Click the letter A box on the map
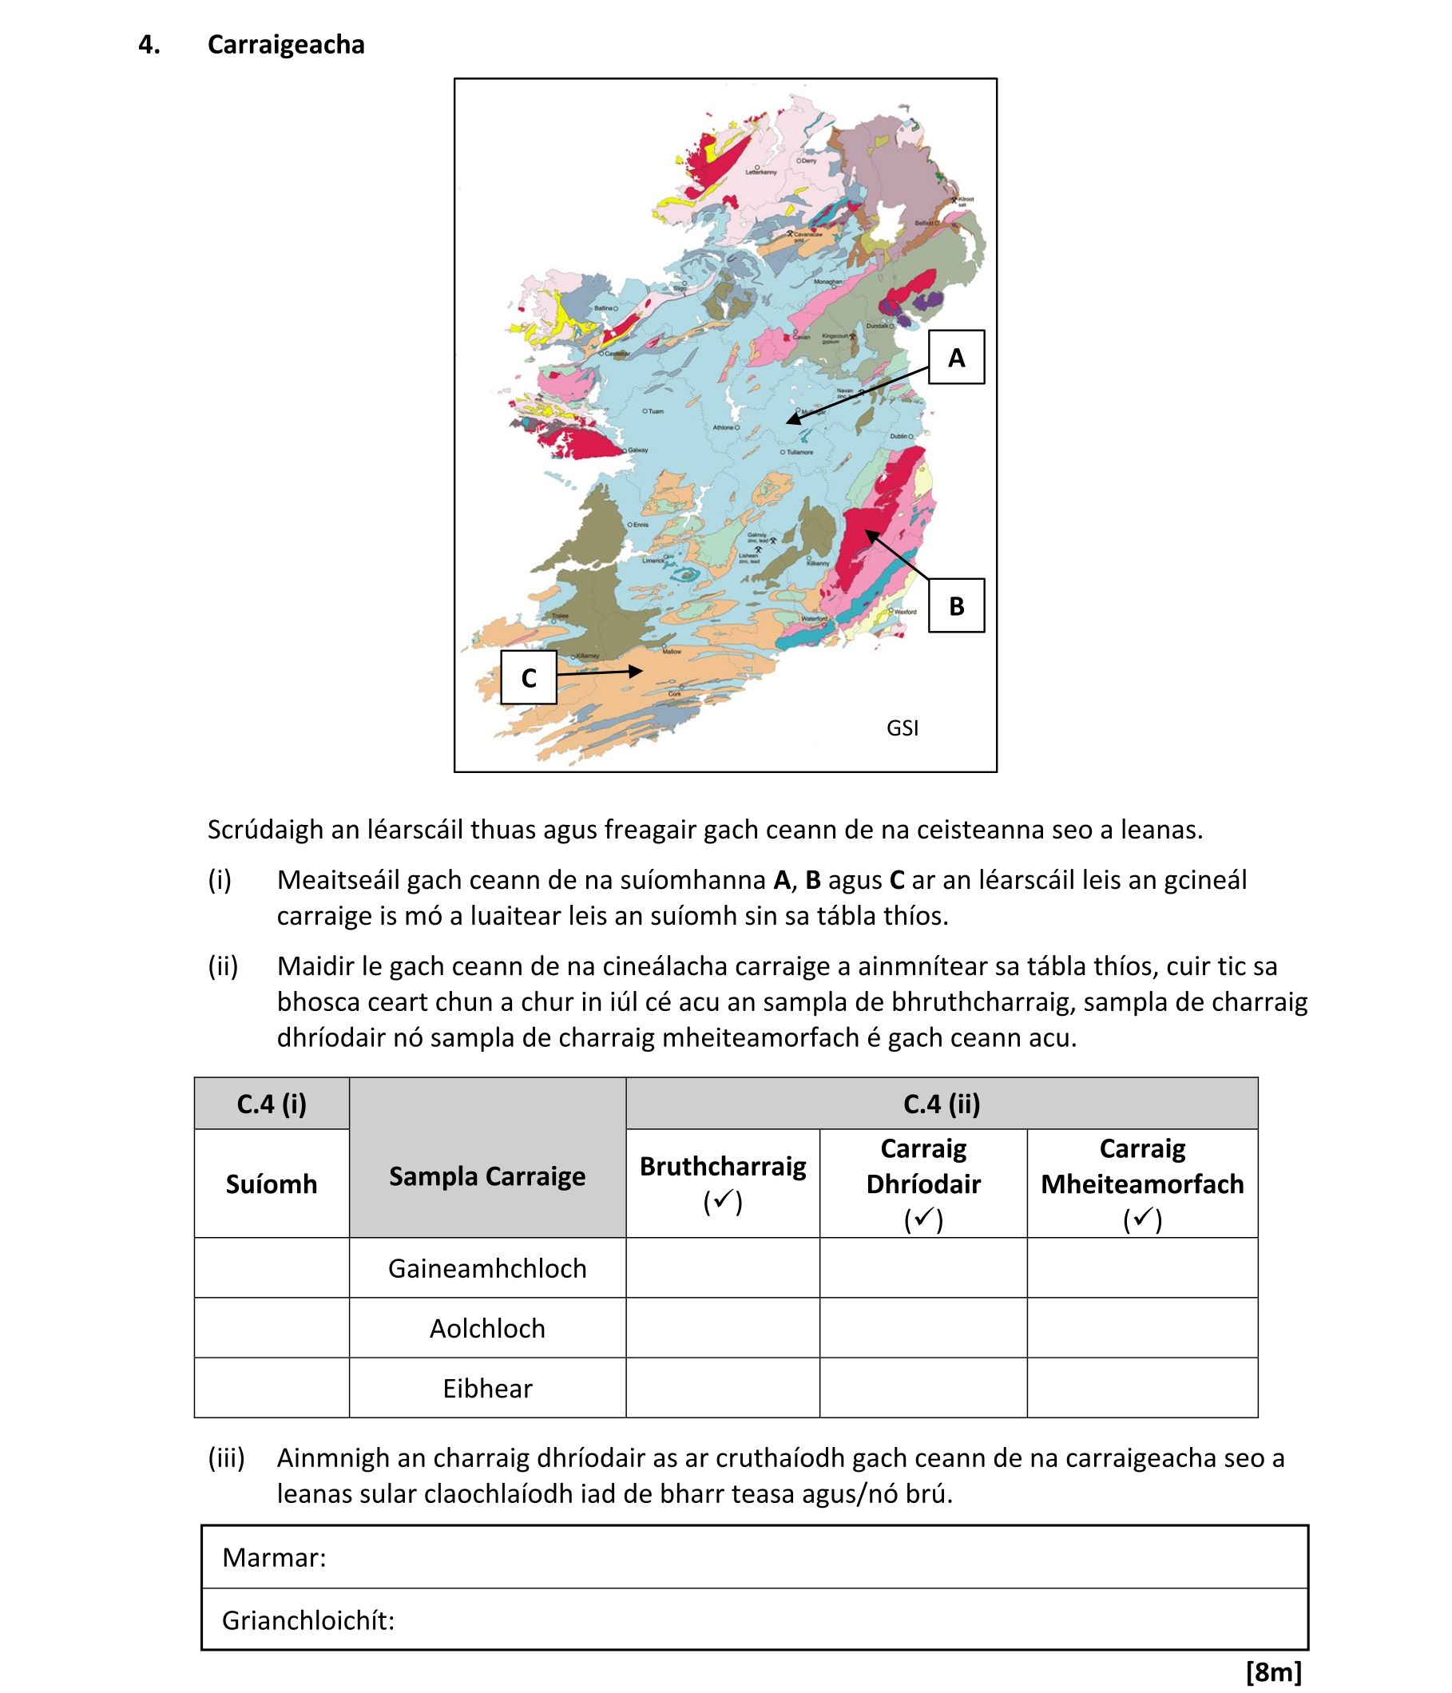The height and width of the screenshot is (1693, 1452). (955, 357)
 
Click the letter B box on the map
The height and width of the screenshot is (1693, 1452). (955, 605)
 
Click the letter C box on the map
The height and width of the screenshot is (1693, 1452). (528, 677)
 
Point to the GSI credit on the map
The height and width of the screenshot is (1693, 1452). (902, 728)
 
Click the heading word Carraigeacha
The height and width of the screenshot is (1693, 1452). (286, 44)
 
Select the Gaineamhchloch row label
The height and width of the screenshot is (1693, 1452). (487, 1268)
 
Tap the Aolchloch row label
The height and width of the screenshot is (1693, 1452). (487, 1328)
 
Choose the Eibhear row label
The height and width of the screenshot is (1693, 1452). (487, 1388)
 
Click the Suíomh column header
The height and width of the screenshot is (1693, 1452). (272, 1184)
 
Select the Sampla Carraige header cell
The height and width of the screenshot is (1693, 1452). (487, 1176)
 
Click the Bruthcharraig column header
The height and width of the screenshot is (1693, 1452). (722, 1183)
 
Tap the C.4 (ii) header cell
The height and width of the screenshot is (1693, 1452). (942, 1104)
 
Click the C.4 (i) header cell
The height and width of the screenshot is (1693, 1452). (272, 1104)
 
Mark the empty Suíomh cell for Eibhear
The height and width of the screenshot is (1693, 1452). (272, 1388)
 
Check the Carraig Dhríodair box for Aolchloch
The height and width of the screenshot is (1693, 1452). (922, 1328)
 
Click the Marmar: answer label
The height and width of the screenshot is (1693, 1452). (275, 1557)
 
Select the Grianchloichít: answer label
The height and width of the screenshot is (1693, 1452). (308, 1620)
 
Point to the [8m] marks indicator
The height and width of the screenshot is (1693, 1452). (1273, 1671)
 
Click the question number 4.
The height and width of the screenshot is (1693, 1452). (149, 44)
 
